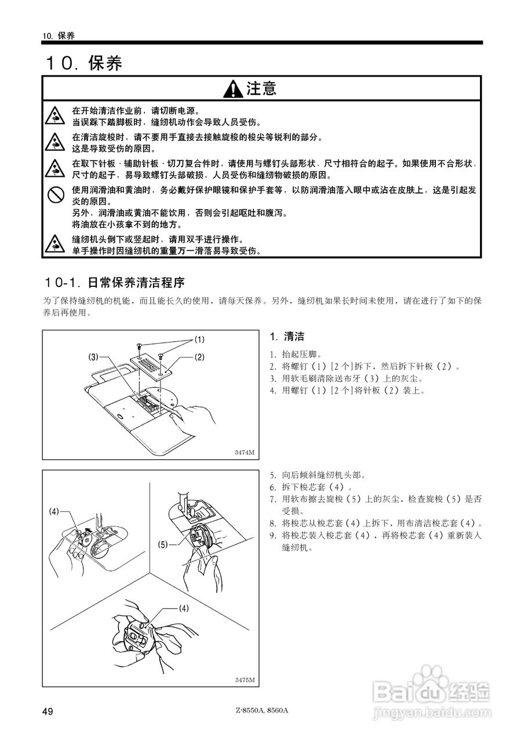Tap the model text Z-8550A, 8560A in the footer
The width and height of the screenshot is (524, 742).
tap(262, 710)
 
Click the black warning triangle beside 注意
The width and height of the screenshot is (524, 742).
tap(233, 89)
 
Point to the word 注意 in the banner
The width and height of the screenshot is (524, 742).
tap(261, 88)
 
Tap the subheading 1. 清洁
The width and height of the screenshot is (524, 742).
tap(287, 337)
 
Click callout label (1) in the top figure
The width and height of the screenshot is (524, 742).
tap(199, 339)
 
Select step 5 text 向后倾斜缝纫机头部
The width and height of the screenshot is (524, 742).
tap(323, 475)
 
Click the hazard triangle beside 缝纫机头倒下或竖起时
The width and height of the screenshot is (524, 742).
tap(55, 245)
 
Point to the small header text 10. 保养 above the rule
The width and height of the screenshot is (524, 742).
tap(59, 35)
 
